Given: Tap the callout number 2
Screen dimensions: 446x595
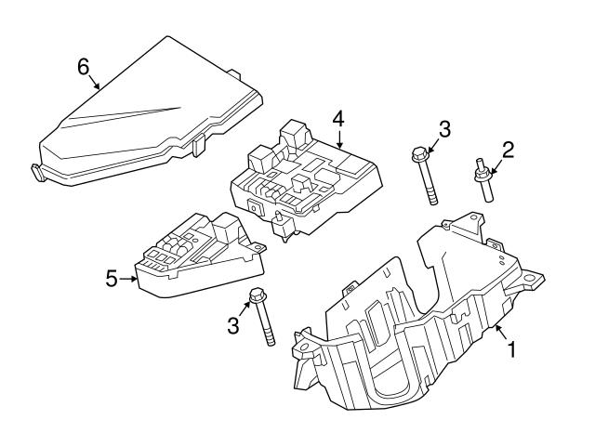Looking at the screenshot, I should pos(508,148).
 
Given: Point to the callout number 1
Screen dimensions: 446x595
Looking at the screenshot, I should pos(509,350).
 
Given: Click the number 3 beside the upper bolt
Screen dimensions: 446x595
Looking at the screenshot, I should pos(444,129).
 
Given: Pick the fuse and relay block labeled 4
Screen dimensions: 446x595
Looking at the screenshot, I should pos(307,177).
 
